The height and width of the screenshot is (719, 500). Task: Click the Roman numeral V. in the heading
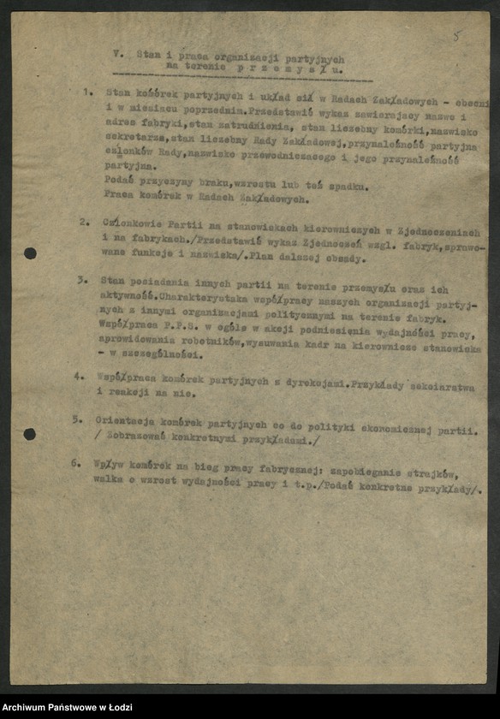click(x=117, y=52)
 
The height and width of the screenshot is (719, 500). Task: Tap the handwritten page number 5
click(x=455, y=36)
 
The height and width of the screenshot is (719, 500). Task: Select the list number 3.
click(x=82, y=279)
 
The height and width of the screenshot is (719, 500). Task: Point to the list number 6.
click(x=77, y=461)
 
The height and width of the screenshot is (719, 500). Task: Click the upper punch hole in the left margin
click(x=30, y=253)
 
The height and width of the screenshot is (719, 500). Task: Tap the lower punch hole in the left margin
click(x=29, y=434)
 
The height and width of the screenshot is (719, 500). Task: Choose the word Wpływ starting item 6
click(x=109, y=462)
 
